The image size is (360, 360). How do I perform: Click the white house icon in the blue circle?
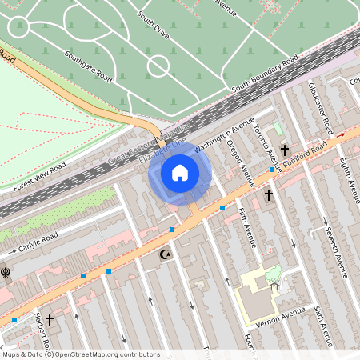(180, 173)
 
